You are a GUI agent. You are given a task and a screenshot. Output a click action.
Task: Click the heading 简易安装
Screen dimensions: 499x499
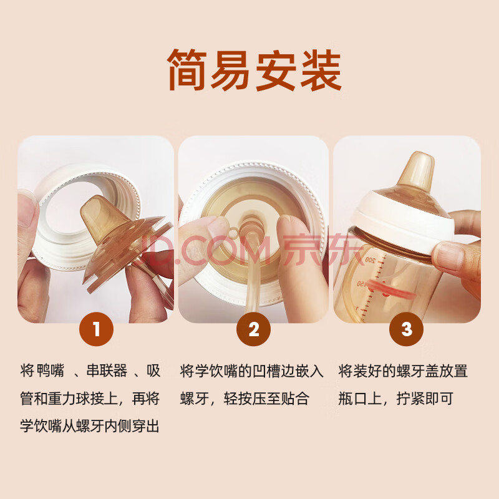coord(254,70)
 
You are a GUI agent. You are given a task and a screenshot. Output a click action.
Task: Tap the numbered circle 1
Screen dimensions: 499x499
coord(97,329)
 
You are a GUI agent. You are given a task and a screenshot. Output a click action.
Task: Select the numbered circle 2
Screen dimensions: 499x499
coord(254,329)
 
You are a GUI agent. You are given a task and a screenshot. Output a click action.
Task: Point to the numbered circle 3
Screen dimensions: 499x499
coord(407,329)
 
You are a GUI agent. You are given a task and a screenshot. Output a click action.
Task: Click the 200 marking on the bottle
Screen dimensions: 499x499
coord(370,260)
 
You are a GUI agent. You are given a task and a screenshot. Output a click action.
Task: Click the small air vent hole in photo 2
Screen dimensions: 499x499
coord(233,231)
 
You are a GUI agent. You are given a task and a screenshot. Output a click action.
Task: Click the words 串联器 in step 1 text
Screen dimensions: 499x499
coord(107,371)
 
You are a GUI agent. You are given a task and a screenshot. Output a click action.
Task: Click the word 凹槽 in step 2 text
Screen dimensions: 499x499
coord(266,371)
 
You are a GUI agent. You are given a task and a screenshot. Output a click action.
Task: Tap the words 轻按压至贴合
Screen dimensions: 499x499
coord(266,399)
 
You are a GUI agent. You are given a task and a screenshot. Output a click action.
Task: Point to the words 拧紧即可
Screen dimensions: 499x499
coord(425,399)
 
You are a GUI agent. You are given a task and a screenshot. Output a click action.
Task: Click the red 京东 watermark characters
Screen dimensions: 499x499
coord(321,250)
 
